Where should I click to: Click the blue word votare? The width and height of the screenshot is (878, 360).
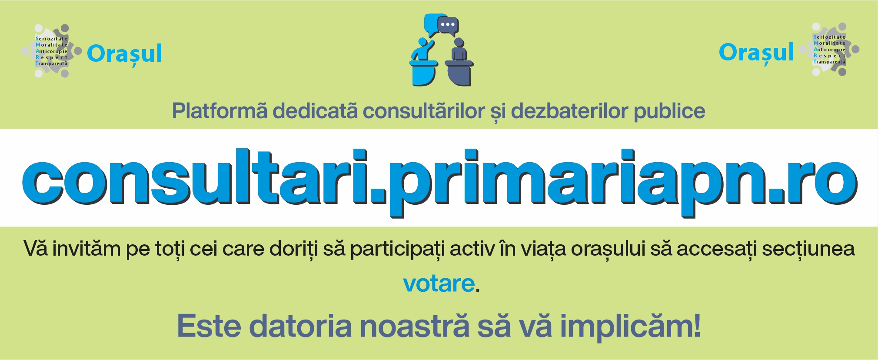tap(439, 284)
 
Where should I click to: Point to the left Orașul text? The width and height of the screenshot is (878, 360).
tap(124, 54)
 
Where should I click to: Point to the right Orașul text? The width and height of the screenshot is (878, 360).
tap(756, 52)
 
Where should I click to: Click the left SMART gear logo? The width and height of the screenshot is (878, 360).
tap(52, 51)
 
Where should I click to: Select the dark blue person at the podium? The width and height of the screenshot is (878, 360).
tap(459, 49)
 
